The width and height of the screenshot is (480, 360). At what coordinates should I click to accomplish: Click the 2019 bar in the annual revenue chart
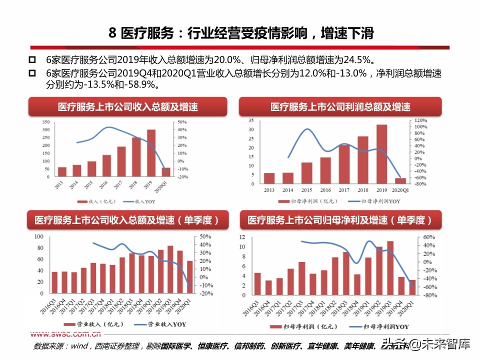(x=151, y=153)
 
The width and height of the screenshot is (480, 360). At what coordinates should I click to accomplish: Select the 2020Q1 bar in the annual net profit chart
(x=400, y=181)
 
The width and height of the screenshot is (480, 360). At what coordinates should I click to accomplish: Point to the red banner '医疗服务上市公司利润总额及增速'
(x=340, y=107)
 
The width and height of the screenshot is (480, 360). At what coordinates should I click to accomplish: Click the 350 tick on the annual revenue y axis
(x=46, y=122)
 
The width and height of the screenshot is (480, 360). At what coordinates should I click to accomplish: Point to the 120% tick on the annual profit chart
(x=419, y=120)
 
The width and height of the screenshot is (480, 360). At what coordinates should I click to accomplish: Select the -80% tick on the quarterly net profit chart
(x=426, y=295)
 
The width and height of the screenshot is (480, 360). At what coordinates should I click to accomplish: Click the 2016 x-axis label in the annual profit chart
(x=325, y=190)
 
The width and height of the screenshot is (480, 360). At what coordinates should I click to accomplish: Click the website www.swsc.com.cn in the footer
(x=66, y=335)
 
